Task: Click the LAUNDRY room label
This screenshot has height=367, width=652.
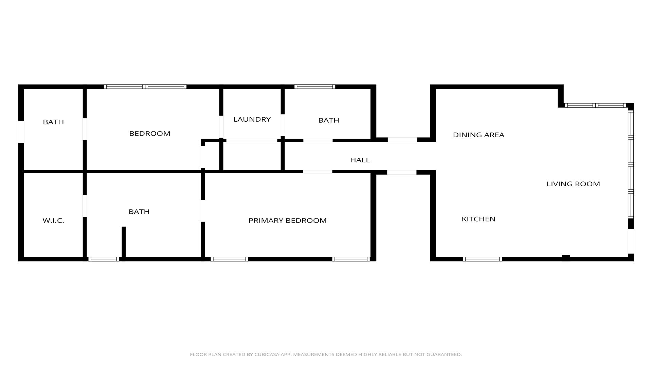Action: (x=252, y=119)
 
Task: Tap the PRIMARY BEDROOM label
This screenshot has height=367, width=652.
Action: (x=288, y=221)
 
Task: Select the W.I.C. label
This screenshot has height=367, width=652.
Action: (x=53, y=221)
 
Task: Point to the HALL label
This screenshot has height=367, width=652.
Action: (x=360, y=160)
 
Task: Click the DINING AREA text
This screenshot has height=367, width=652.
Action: (x=478, y=135)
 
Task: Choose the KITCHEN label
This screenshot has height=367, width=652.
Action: (x=478, y=219)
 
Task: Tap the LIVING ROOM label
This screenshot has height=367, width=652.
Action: (x=573, y=184)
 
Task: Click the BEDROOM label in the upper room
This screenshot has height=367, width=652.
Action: (x=150, y=134)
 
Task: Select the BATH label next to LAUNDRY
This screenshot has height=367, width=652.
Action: (x=329, y=120)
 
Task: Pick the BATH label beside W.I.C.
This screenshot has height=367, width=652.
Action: (x=139, y=212)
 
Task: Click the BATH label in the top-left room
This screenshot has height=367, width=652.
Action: (x=53, y=122)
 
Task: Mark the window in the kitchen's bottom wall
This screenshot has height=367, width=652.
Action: (x=482, y=259)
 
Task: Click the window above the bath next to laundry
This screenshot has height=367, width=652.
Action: (x=315, y=87)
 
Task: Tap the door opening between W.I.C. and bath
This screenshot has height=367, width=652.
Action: (x=85, y=206)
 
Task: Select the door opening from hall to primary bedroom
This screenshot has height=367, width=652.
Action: (x=318, y=172)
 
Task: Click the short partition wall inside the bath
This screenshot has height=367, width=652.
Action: (x=124, y=242)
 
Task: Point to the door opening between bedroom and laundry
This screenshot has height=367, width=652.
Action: (x=221, y=127)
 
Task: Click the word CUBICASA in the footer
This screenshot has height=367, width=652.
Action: (x=267, y=354)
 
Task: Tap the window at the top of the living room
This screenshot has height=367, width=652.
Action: (x=595, y=105)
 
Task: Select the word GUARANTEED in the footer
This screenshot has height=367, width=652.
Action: (x=445, y=354)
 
